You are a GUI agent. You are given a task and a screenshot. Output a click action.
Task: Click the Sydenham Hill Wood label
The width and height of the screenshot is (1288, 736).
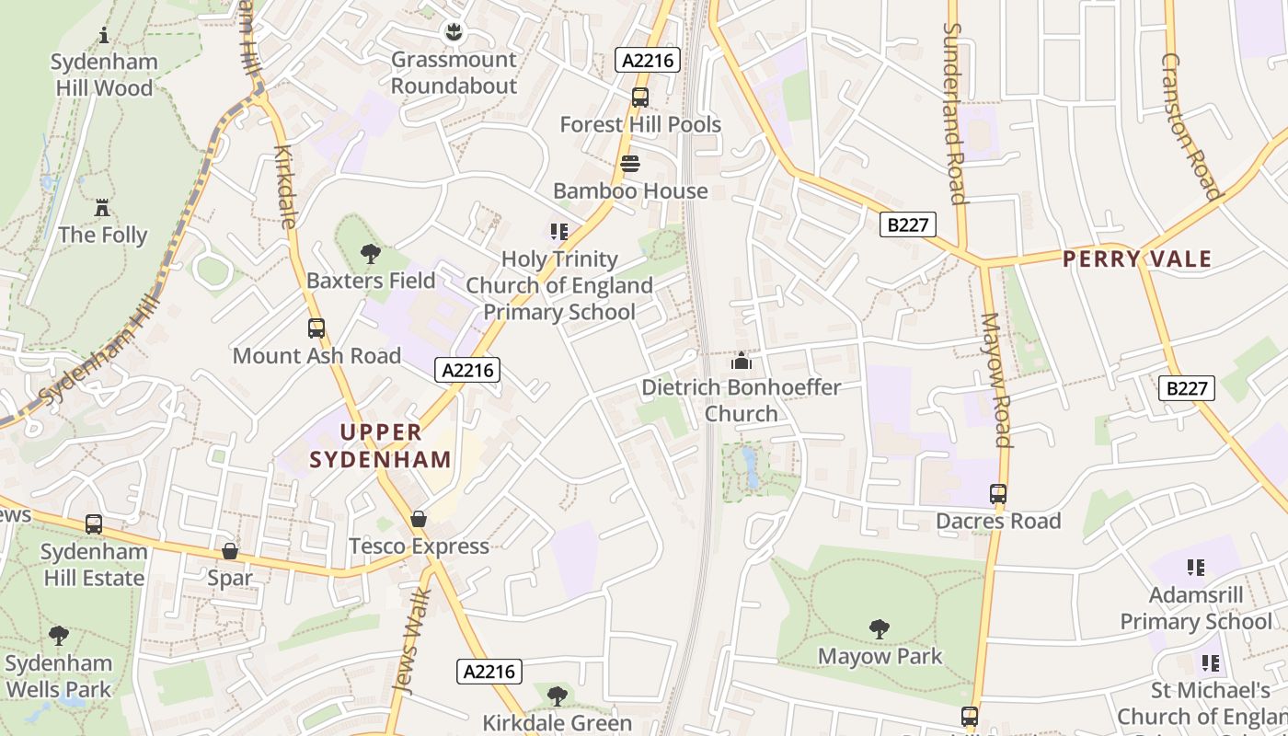[x=103, y=75]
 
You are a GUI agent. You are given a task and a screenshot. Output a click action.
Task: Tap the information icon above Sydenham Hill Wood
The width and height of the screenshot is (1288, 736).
[x=104, y=35]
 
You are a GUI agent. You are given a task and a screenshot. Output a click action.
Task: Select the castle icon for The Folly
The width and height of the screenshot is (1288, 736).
[x=102, y=207]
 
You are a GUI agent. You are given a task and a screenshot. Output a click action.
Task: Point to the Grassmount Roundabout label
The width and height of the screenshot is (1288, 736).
[x=454, y=73]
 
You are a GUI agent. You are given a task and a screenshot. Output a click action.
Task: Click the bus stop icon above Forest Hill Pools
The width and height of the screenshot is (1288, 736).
[x=640, y=97]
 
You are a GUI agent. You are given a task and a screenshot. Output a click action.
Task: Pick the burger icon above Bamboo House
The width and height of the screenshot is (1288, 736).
[x=630, y=164]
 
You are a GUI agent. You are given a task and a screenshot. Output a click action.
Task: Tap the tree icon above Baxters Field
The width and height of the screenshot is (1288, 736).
[x=371, y=253]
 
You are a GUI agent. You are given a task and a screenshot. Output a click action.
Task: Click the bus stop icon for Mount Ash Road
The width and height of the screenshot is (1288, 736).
[x=316, y=328]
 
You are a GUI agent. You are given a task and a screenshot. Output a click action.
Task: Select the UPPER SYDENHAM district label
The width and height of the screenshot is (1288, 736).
[x=381, y=445]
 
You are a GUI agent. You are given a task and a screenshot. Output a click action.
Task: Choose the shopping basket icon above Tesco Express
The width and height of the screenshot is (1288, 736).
[x=419, y=519]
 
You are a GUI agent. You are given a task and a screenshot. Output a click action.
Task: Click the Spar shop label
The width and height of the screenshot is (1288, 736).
[x=230, y=578]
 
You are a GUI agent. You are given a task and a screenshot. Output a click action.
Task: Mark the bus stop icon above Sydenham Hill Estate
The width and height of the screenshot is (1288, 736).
[x=94, y=524]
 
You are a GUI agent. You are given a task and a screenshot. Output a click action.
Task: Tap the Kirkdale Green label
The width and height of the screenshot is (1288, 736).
[x=558, y=722]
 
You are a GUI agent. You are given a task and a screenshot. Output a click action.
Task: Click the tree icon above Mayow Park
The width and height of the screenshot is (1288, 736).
[x=880, y=629]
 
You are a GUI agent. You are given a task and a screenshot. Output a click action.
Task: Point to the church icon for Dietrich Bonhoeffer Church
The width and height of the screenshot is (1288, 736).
[x=742, y=361]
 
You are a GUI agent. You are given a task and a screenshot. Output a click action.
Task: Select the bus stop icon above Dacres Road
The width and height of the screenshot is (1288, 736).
[x=998, y=494]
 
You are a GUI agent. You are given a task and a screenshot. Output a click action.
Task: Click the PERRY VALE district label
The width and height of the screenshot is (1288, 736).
[x=1137, y=259]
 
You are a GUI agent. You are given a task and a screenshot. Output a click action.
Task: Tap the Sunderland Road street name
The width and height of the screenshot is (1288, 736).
[x=953, y=112]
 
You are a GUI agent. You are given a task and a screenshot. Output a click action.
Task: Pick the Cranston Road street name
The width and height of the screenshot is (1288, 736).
[x=1190, y=125]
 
